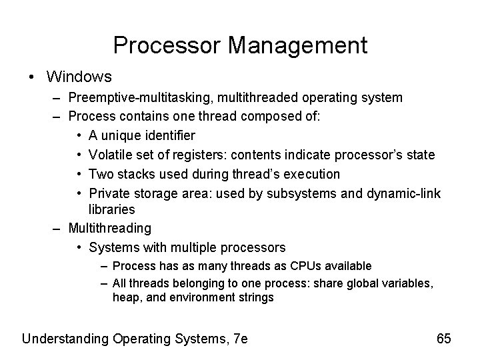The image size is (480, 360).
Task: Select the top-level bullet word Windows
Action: (x=79, y=77)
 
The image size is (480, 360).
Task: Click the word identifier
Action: (x=167, y=136)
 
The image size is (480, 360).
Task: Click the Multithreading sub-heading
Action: (x=110, y=228)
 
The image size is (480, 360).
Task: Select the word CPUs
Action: (x=304, y=267)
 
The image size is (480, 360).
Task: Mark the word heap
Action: (x=125, y=298)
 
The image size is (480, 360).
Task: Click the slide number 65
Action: (x=444, y=339)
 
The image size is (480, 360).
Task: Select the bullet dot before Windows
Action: (x=33, y=77)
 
